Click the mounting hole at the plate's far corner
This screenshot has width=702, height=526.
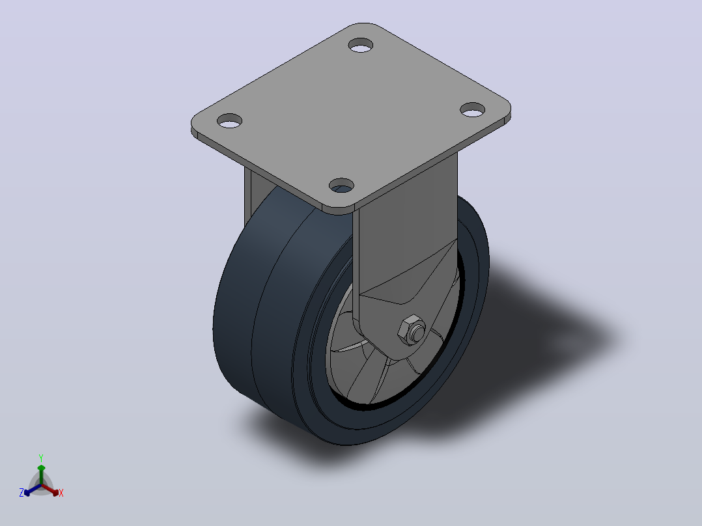360,45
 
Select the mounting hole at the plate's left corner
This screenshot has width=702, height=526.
229,121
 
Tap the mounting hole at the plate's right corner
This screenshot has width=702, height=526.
473,109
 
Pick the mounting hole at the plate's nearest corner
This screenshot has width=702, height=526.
342,186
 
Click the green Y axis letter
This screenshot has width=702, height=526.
41,458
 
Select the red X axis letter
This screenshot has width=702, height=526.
61,493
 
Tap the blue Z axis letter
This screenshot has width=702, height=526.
21,493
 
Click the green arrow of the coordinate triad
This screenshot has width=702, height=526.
41,475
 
